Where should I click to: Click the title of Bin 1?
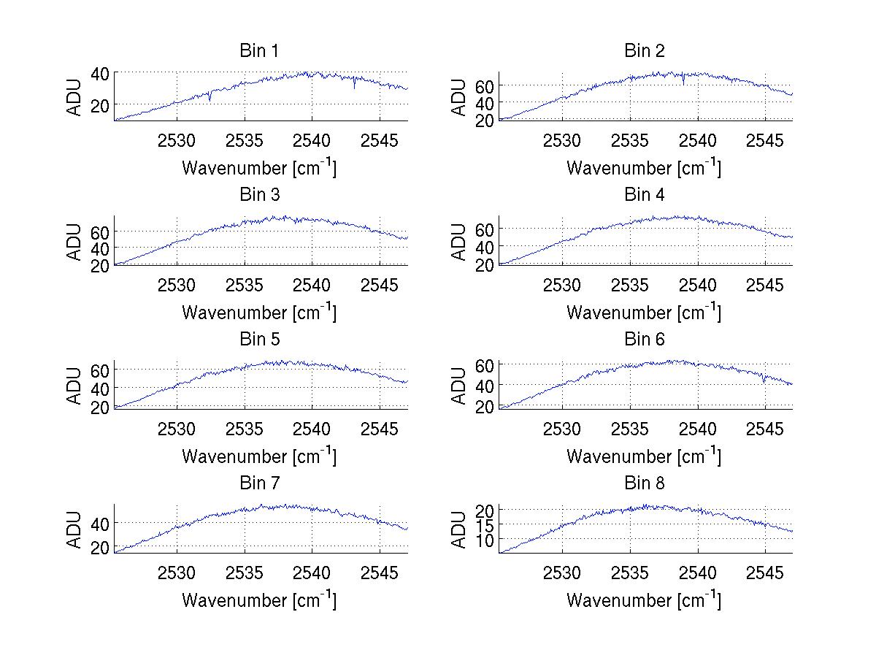coord(259,51)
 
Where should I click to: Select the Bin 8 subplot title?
coord(645,483)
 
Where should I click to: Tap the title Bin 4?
coord(645,195)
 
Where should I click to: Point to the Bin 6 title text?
coord(645,340)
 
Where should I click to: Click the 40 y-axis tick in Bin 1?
coord(100,73)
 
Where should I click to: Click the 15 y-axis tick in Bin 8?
coord(485,524)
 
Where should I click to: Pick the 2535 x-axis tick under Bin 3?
coord(245,284)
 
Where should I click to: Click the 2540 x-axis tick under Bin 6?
coord(697,429)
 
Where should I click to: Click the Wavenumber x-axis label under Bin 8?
coord(643,600)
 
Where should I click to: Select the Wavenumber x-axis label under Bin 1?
coord(258,168)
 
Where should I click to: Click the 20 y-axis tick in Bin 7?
coord(100,548)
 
